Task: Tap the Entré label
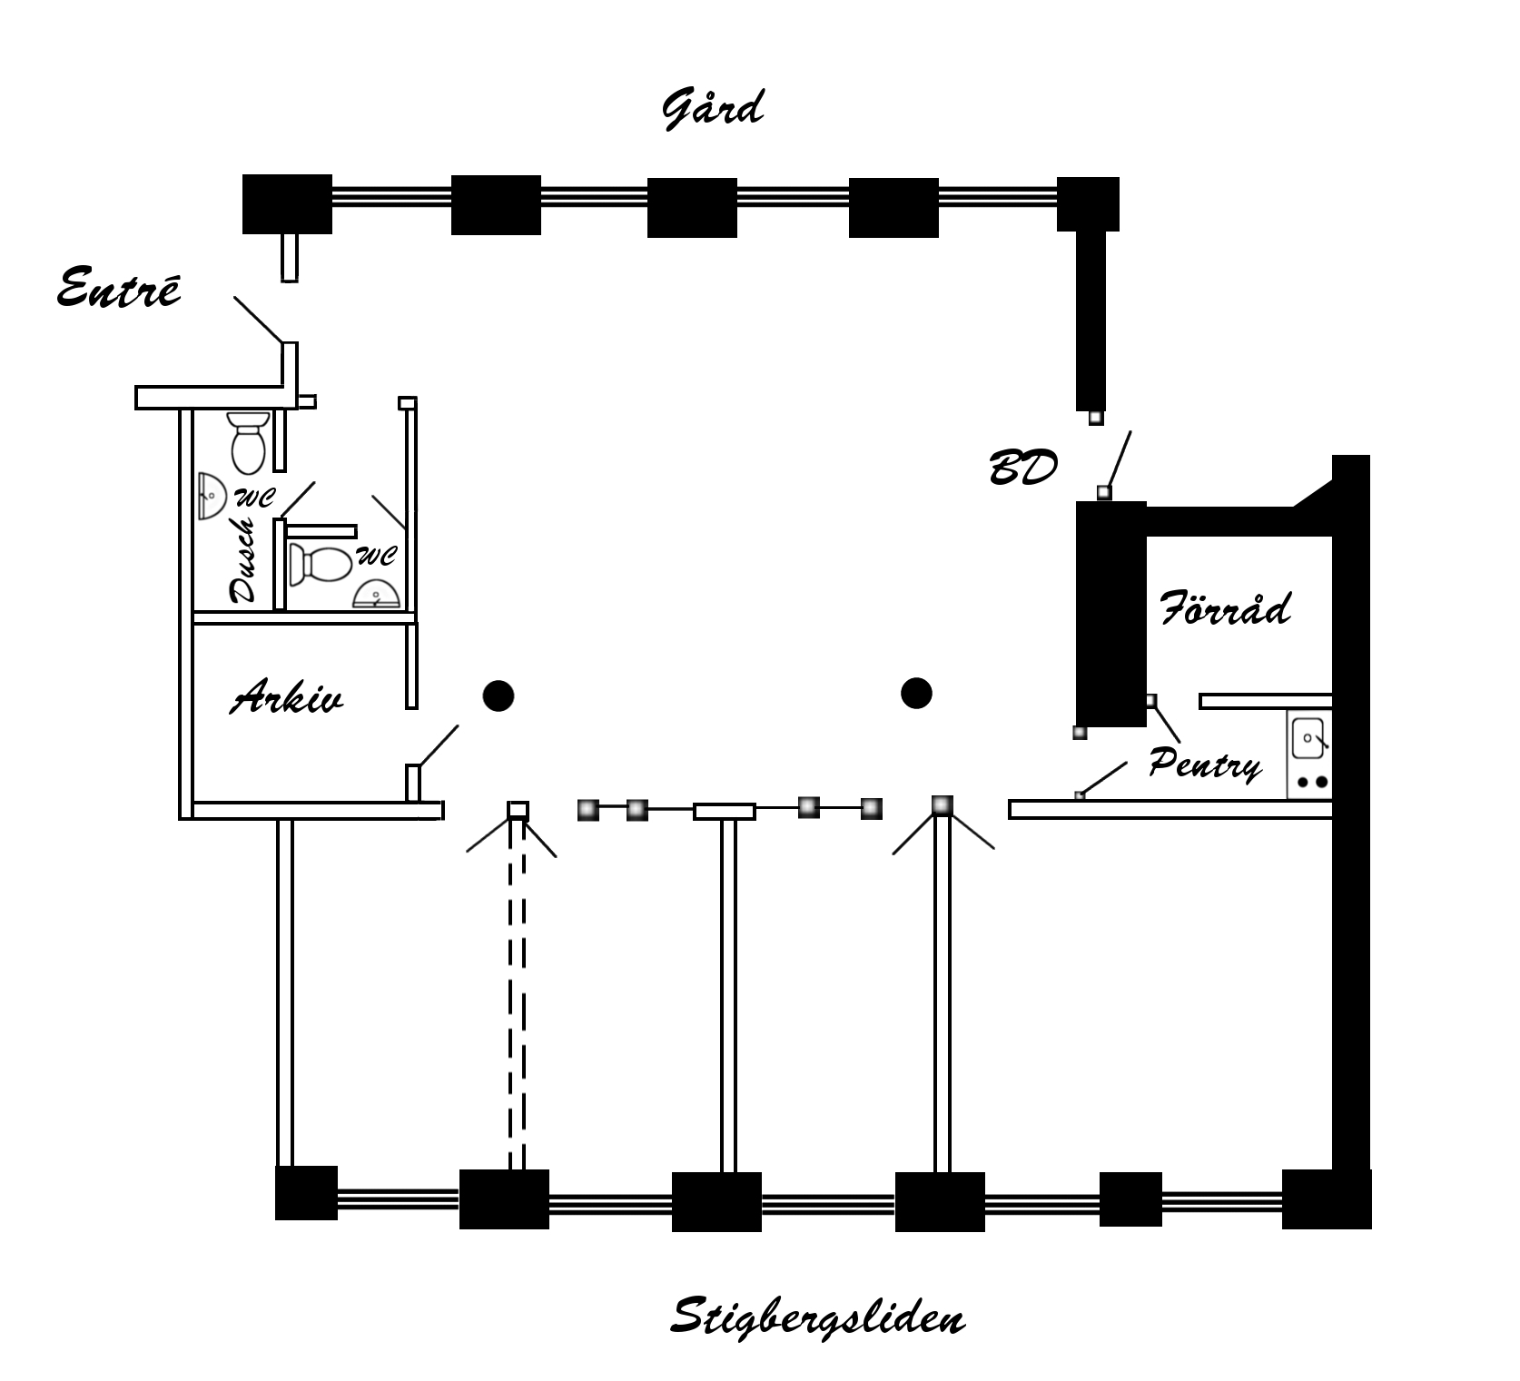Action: tap(119, 288)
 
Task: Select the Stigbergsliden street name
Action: tap(817, 1317)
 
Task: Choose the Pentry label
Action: tap(1205, 764)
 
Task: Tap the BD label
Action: tap(1023, 469)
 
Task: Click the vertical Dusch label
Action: tap(243, 560)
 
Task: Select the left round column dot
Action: tap(498, 696)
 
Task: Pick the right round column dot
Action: tap(917, 694)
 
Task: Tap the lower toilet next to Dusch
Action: tap(320, 564)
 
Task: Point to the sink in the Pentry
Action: tap(1308, 737)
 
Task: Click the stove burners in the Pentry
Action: tap(1312, 782)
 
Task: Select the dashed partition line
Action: tap(517, 994)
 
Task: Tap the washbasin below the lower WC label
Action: tap(376, 594)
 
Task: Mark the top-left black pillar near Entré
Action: tap(287, 204)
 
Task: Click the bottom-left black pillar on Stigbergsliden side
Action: tap(306, 1193)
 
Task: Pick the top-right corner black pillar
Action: tap(1088, 204)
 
